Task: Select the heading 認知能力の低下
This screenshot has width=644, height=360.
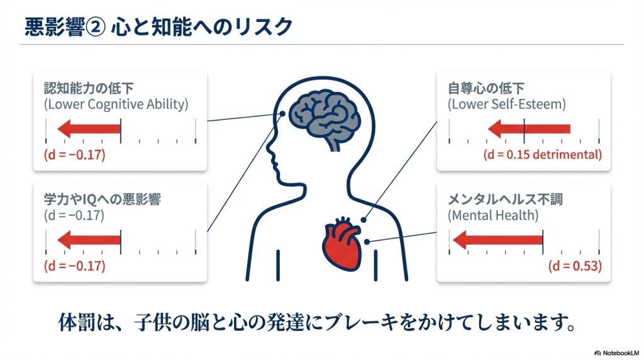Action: point(89,88)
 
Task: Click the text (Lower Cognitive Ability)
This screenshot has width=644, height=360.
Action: point(116,104)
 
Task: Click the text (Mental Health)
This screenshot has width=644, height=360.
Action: point(493,216)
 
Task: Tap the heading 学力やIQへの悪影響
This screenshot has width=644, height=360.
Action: point(103,200)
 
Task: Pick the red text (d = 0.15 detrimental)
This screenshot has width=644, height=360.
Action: point(543,154)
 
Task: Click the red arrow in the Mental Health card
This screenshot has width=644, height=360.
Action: point(497,240)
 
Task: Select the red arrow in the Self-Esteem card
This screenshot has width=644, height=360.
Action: point(528,130)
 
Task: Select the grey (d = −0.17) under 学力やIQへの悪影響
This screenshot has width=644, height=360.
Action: point(74,216)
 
